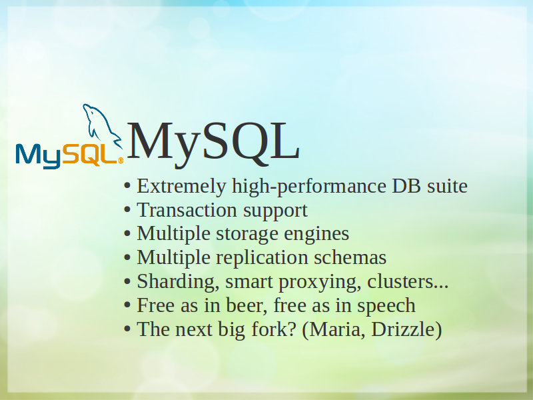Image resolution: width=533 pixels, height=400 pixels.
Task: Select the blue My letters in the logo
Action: [x=39, y=157]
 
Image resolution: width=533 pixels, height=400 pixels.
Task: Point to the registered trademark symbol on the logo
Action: [x=121, y=161]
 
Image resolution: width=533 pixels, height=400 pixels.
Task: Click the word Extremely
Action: [x=181, y=187]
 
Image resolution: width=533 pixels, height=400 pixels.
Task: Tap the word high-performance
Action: [x=309, y=187]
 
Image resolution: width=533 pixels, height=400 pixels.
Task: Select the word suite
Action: [x=447, y=186]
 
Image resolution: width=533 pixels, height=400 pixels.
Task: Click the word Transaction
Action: [x=187, y=210]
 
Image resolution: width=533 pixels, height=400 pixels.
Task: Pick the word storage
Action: [x=247, y=235]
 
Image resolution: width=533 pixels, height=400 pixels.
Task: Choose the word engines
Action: [x=316, y=235]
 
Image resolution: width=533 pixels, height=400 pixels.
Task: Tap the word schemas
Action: [x=350, y=257]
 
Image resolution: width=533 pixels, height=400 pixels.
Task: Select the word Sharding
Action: [x=178, y=282]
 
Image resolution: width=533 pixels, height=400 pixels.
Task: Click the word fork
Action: [x=269, y=329]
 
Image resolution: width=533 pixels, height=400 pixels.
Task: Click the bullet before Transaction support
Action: [x=127, y=210]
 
